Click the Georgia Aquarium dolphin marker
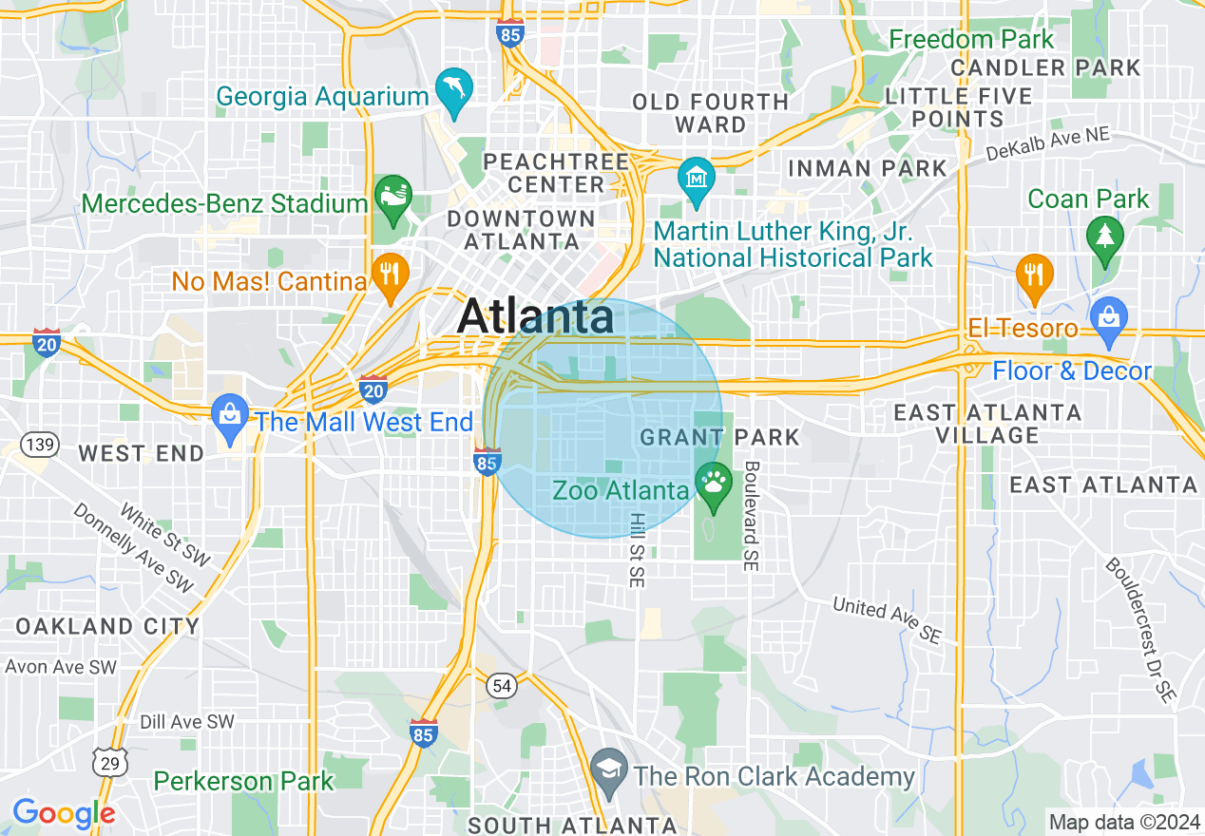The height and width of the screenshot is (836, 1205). [x=454, y=89]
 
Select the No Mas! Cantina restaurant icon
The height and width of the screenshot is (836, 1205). [x=390, y=275]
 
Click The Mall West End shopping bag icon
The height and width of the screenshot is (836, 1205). [x=229, y=414]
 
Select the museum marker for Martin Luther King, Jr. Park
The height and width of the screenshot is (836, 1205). [x=697, y=179]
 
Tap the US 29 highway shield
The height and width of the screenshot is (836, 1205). [x=109, y=761]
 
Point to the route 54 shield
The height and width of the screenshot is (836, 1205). [x=502, y=686]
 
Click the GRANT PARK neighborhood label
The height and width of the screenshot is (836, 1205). [x=720, y=437]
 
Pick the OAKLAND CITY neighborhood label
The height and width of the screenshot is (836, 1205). [x=107, y=626]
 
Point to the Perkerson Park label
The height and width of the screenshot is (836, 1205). [x=244, y=781]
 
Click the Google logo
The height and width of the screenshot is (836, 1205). [x=63, y=813]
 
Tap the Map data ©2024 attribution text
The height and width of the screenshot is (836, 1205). [x=1122, y=822]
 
